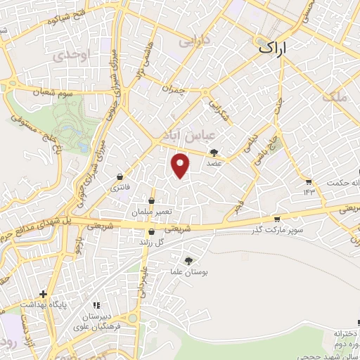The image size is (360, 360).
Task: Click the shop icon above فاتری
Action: click(x=120, y=176)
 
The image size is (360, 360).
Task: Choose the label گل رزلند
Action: click(x=153, y=242)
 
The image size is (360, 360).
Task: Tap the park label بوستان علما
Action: click(x=187, y=271)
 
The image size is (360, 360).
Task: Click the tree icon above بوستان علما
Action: click(x=187, y=260)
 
